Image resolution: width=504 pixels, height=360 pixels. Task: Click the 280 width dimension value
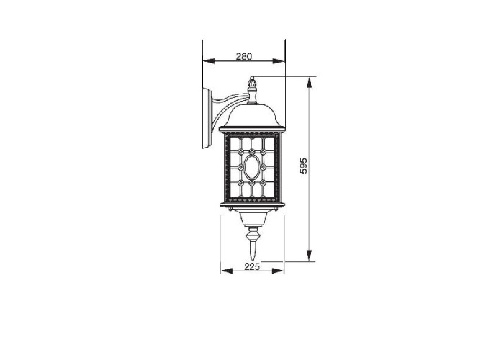[x=244, y=57]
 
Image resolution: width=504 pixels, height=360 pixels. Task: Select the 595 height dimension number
[x=303, y=166]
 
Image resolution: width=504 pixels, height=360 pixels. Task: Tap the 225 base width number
[x=252, y=266]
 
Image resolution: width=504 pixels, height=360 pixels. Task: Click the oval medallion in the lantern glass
[x=252, y=167]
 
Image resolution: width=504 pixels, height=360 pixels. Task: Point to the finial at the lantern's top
[x=252, y=90]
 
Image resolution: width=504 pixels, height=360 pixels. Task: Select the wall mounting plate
[x=207, y=119]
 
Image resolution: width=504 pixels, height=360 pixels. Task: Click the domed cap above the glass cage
[x=252, y=116]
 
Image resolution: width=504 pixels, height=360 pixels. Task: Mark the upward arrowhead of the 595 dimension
[x=309, y=83]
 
